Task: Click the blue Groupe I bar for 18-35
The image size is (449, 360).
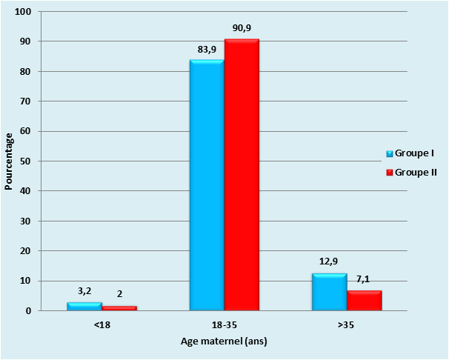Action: click(207, 185)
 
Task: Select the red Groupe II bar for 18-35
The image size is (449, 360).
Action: click(242, 175)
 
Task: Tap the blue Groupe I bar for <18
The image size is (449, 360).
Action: click(84, 306)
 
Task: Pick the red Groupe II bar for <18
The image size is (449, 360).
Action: click(119, 308)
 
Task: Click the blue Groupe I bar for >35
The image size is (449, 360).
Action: click(329, 293)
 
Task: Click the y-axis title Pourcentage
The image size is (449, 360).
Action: click(9, 161)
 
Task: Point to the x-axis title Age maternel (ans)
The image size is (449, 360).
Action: click(224, 341)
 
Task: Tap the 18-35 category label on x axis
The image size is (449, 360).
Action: click(224, 324)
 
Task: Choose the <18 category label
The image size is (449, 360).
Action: click(102, 324)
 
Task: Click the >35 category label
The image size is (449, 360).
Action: click(346, 324)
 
